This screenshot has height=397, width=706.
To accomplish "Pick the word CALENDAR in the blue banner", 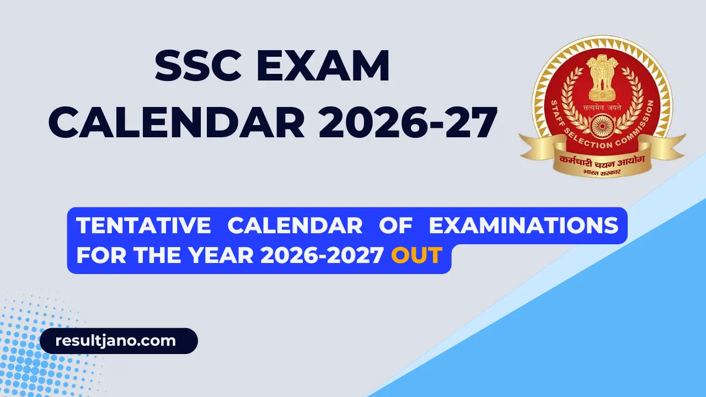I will pyautogui.click(x=295, y=226).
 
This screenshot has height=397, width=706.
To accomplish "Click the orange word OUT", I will pyautogui.click(x=416, y=255).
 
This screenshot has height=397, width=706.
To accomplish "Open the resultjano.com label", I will pyautogui.click(x=116, y=341).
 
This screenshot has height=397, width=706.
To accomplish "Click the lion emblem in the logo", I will pyautogui.click(x=602, y=69).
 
